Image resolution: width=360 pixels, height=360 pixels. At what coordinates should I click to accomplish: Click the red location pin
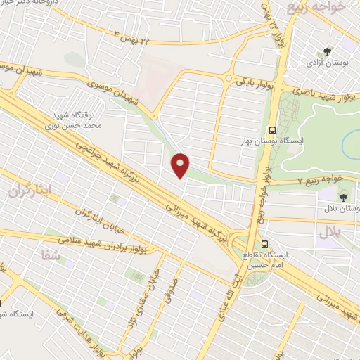181,165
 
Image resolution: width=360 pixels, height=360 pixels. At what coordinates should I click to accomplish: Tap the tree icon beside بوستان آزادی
328,51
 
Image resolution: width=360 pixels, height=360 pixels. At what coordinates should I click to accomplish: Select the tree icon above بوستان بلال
343,196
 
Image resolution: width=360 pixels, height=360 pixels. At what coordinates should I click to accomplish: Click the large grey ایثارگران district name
31,191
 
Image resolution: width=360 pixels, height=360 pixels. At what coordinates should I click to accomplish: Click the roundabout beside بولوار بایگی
228,78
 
